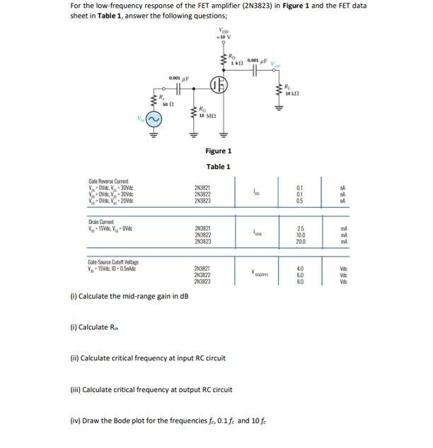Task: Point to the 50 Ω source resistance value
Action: pyautogui.click(x=165, y=103)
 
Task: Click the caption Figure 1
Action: pyautogui.click(x=218, y=151)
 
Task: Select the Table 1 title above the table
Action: pyautogui.click(x=218, y=167)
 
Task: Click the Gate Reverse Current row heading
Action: pyautogui.click(x=107, y=182)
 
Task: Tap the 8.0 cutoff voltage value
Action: pyautogui.click(x=301, y=281)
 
